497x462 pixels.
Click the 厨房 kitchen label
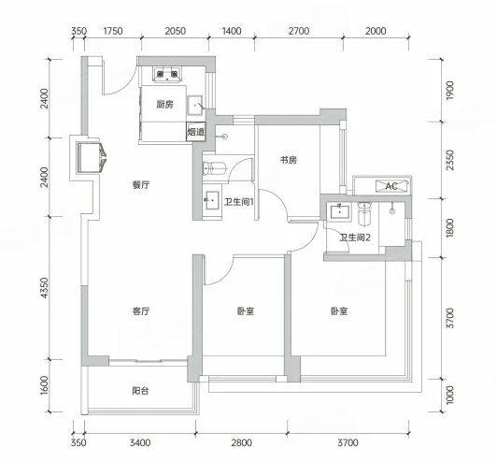click(x=164, y=104)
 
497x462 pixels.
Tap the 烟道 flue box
click(x=196, y=131)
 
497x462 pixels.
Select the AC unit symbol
click(x=391, y=186)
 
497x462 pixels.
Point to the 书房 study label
click(x=289, y=160)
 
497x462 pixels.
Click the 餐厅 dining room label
click(x=141, y=184)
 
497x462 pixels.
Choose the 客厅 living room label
click(x=141, y=311)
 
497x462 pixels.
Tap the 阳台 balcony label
click(x=140, y=391)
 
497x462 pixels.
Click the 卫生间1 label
click(x=239, y=202)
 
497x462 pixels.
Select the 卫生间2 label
click(x=355, y=238)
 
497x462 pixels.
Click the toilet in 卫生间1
click(x=214, y=168)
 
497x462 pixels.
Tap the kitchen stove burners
click(x=167, y=75)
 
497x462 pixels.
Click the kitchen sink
click(x=195, y=105)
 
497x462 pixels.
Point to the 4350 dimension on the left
click(x=45, y=288)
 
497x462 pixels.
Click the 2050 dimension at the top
click(x=175, y=31)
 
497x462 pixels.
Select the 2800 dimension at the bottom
click(x=242, y=442)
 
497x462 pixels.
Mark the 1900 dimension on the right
click(x=449, y=91)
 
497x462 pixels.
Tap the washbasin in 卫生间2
click(x=339, y=211)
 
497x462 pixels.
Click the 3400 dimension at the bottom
click(x=140, y=442)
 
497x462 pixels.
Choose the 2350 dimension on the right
click(x=449, y=160)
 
